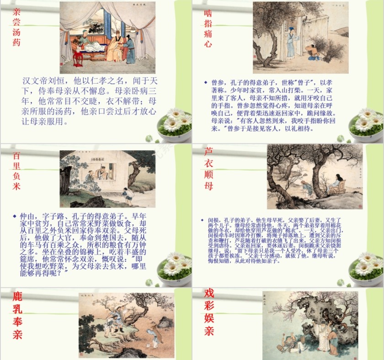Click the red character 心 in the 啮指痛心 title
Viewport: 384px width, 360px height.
(208, 44)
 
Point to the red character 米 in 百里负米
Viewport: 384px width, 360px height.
(17, 186)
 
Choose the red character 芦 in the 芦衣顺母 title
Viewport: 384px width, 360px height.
(208, 151)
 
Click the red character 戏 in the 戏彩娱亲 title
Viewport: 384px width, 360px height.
(209, 293)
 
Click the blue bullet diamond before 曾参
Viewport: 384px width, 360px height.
(206, 83)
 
